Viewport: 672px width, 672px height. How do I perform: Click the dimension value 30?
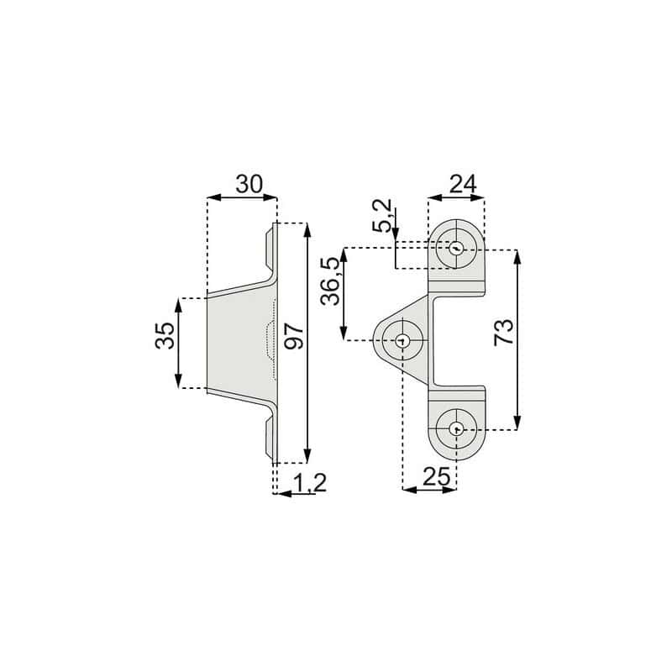pos(249,184)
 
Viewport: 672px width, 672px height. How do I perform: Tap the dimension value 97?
pos(295,337)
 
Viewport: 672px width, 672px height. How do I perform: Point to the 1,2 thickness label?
pos(310,482)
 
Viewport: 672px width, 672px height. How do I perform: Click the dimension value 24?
pos(463,185)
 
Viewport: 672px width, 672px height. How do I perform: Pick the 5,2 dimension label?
pos(382,216)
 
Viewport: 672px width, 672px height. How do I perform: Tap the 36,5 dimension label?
pos(330,281)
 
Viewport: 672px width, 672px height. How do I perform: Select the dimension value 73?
pos(503,332)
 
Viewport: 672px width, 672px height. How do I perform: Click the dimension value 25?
pos(437,476)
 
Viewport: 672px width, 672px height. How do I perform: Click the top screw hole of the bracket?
pos(456,248)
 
